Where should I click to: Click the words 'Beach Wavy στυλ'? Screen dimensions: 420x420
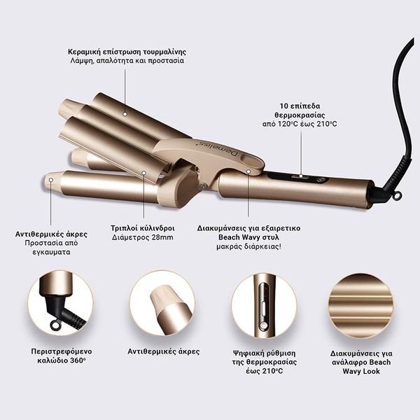[x=248, y=237]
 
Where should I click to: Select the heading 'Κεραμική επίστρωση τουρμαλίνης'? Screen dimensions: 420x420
[x=127, y=51]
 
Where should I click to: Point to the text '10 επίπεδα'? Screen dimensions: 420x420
[x=300, y=106]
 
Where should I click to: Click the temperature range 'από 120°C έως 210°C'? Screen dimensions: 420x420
[x=300, y=124]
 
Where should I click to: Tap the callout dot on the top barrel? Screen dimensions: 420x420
[x=125, y=114]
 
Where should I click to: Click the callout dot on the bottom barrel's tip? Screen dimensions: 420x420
[x=51, y=180]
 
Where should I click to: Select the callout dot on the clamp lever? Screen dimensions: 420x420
[x=248, y=171]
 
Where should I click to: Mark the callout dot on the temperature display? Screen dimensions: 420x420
[x=301, y=176]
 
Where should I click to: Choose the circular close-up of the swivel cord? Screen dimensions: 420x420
[x=60, y=303]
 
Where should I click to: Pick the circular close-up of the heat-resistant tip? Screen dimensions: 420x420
[x=163, y=303]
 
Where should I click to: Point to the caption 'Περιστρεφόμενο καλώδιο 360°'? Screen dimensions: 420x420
[x=62, y=356]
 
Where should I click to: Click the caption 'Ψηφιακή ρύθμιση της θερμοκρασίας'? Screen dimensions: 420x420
[x=265, y=358]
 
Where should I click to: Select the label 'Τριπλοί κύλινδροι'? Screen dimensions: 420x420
[x=143, y=228]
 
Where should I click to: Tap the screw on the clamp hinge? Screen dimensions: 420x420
[x=204, y=185]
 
